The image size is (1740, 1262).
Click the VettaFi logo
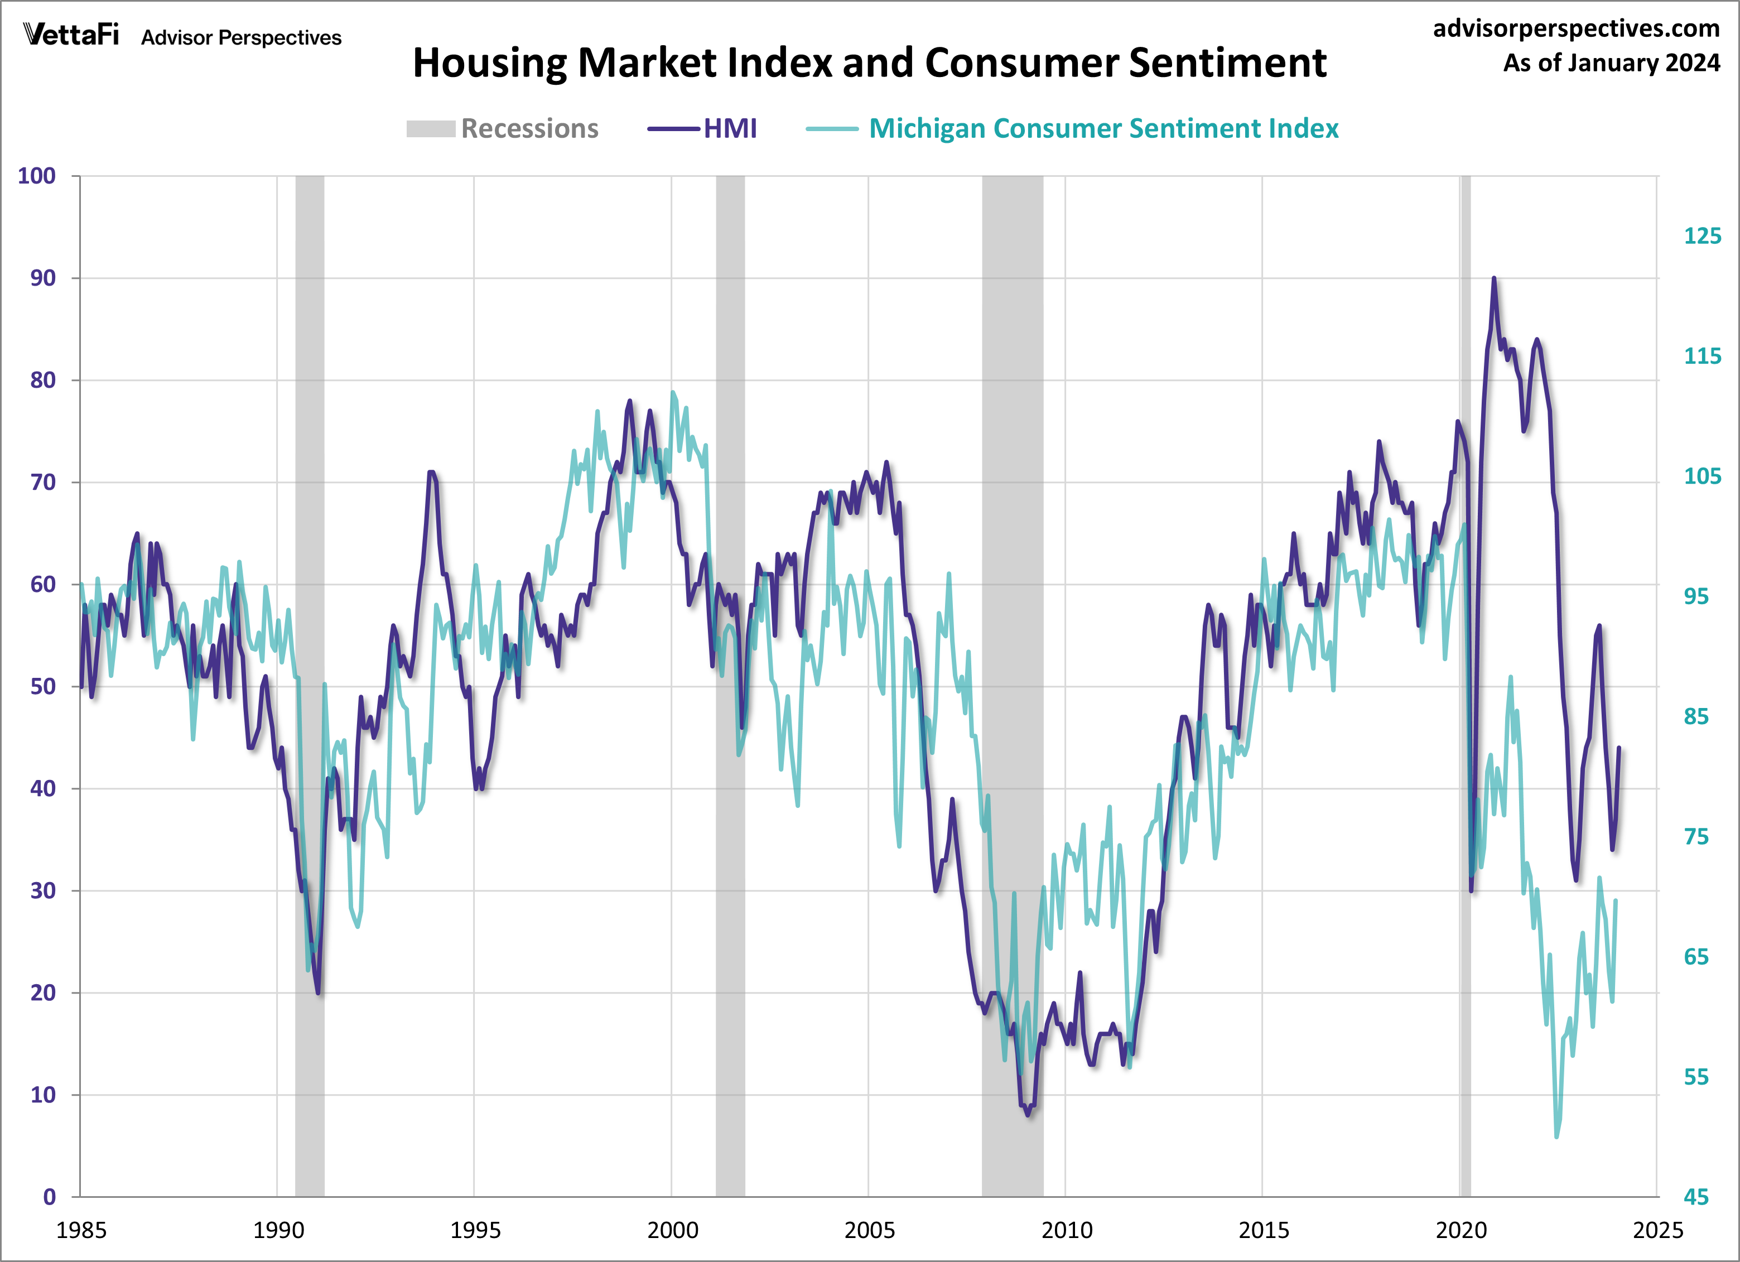coord(71,35)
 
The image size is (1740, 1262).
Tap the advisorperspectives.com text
coord(1576,28)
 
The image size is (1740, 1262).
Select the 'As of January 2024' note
coord(1611,63)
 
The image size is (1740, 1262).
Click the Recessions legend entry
coord(503,128)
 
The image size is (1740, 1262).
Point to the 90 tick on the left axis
coord(43,278)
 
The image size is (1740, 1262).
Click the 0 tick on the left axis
coord(49,1197)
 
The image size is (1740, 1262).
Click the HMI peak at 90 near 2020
coord(1493,278)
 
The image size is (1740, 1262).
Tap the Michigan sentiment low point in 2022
coord(1556,1136)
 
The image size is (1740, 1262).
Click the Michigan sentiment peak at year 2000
coord(673,392)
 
